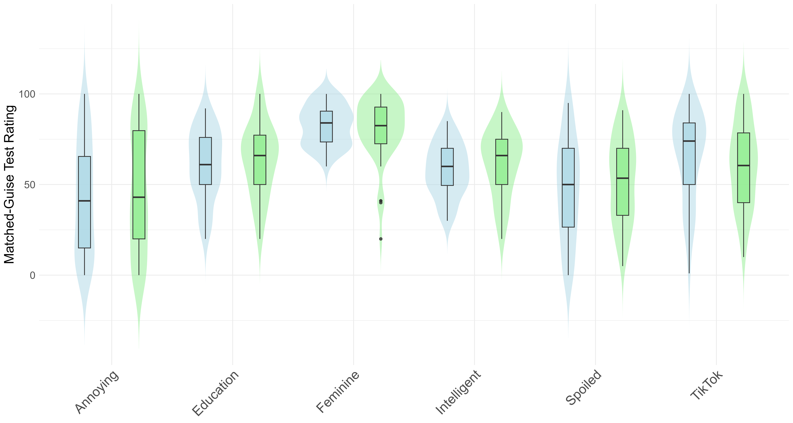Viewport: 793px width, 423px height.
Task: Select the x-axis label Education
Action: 216,393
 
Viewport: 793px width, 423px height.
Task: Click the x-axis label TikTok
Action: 706,385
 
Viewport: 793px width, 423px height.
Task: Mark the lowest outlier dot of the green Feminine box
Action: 381,239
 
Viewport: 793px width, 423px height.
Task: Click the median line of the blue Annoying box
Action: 84,201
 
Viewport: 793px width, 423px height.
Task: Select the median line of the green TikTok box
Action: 743,166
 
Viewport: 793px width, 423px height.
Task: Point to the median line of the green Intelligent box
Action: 502,155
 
